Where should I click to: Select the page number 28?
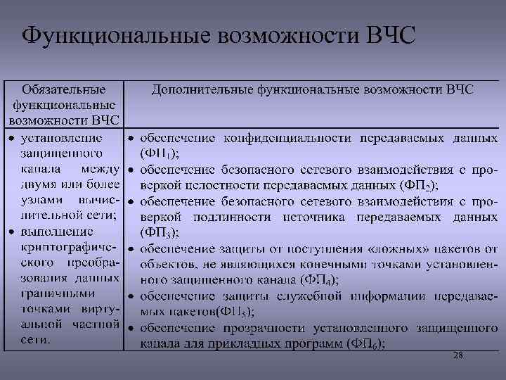[458, 356]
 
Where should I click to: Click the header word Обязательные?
[65, 90]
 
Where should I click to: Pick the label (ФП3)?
[160, 232]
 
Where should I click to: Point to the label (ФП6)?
[365, 344]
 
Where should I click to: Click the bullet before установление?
[12, 137]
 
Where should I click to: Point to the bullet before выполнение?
[12, 232]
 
